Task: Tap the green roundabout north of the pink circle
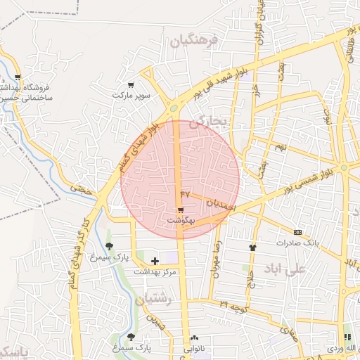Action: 174,108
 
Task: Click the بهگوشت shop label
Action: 181,220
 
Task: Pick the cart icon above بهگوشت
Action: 181,210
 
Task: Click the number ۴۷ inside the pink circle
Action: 185,193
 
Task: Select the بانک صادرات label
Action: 297,243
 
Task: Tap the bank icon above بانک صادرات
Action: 297,232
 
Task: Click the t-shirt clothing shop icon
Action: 252,247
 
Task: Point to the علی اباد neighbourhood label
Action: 284,269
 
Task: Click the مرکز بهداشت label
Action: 155,271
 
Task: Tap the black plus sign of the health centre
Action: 155,261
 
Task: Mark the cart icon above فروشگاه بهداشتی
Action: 18,77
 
